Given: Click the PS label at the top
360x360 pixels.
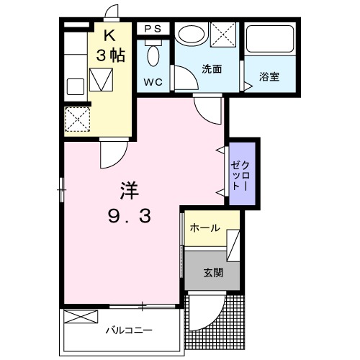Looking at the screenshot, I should point(153,28).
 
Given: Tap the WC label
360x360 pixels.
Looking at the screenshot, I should point(153,81).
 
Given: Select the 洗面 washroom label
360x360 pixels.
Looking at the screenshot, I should point(211,69).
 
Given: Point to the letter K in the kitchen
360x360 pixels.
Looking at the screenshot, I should point(108,35).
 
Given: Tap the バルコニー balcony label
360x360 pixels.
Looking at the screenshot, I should point(130,332).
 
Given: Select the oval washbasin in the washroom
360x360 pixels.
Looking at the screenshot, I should point(192,35).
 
